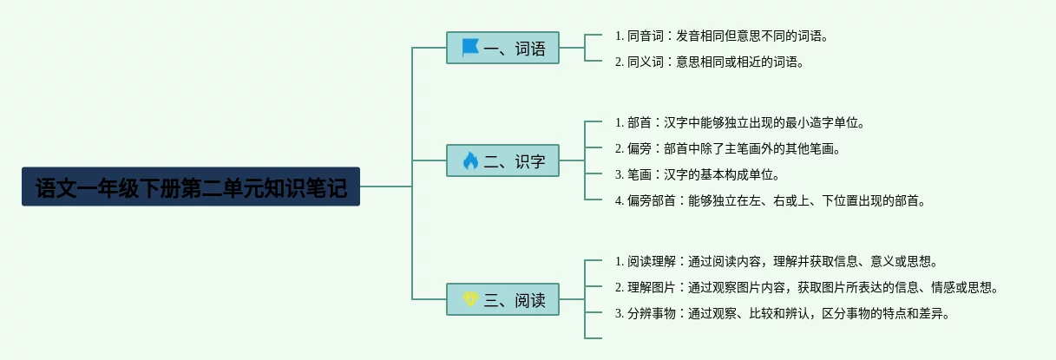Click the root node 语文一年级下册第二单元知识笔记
click(191, 187)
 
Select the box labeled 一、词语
click(503, 48)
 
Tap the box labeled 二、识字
click(503, 160)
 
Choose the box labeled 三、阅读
click(503, 299)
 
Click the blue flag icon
click(470, 47)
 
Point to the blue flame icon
click(470, 160)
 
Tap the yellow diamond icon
click(470, 298)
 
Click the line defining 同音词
click(721, 36)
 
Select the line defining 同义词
click(709, 62)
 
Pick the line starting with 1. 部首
click(739, 123)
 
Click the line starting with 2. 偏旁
click(727, 149)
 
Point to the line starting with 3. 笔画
click(697, 175)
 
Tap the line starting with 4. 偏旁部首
click(771, 200)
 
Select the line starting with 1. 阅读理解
click(777, 261)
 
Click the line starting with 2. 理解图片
click(807, 287)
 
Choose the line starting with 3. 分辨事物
click(782, 313)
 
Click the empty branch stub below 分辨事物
click(593, 337)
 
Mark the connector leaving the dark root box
click(386, 187)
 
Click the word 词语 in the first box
click(530, 49)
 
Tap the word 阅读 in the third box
click(530, 300)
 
